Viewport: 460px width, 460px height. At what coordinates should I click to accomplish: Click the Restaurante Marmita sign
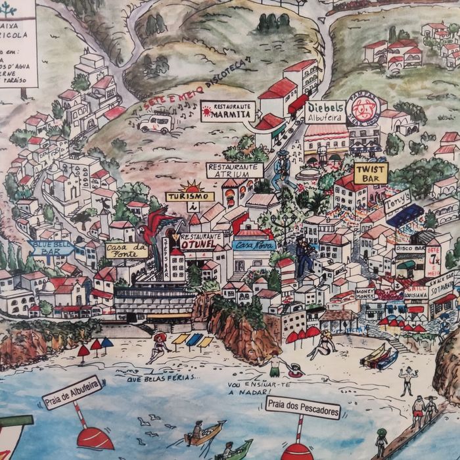pos(227,112)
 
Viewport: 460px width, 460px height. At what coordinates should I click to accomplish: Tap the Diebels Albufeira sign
pos(325,112)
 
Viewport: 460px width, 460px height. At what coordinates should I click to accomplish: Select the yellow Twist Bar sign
pos(371,173)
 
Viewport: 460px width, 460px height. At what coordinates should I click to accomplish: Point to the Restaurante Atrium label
pos(235,170)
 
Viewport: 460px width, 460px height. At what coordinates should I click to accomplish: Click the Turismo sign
pos(190,196)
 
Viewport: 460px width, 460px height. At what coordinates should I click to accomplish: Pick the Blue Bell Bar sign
pos(51,247)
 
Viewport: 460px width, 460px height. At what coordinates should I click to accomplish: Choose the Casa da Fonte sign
pos(126,250)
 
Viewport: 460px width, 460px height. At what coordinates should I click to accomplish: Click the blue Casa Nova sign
pos(254,245)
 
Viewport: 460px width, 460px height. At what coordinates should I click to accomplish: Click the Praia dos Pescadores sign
pos(303,407)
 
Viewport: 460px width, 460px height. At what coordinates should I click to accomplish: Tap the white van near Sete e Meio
pos(155,123)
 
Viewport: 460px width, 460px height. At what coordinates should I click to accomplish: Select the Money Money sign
pos(365,293)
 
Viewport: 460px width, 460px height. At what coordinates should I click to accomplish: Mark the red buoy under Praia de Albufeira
pos(95,437)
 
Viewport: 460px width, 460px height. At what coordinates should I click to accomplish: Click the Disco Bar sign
pos(410,249)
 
